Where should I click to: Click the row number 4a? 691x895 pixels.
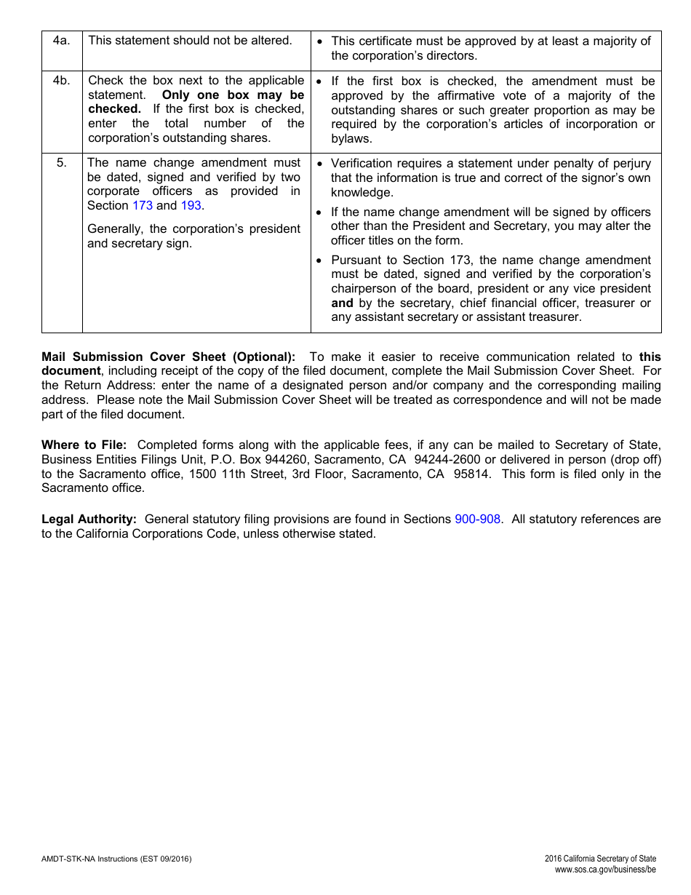(62, 41)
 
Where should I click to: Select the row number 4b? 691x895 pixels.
(62, 81)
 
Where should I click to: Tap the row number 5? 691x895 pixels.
(62, 163)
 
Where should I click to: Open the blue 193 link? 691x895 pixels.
(191, 206)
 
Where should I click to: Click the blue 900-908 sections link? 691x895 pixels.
(477, 520)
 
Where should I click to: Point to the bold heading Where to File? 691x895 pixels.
(84, 445)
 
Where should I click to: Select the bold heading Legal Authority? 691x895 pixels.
(89, 520)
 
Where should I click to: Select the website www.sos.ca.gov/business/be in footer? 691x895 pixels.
(605, 870)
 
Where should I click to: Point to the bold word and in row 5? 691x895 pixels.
(342, 303)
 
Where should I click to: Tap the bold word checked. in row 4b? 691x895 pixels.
(114, 109)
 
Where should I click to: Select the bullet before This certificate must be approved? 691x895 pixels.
(321, 41)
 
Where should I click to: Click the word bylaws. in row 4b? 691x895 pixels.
(351, 138)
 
